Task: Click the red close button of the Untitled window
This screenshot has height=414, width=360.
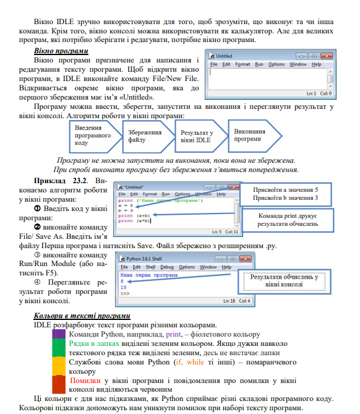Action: click(x=330, y=56)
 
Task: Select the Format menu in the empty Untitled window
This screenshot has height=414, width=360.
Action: click(x=242, y=64)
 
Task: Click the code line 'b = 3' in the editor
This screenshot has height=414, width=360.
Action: click(x=126, y=210)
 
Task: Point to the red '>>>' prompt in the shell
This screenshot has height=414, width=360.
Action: click(x=126, y=293)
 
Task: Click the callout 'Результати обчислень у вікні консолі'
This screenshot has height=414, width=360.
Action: click(x=284, y=281)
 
